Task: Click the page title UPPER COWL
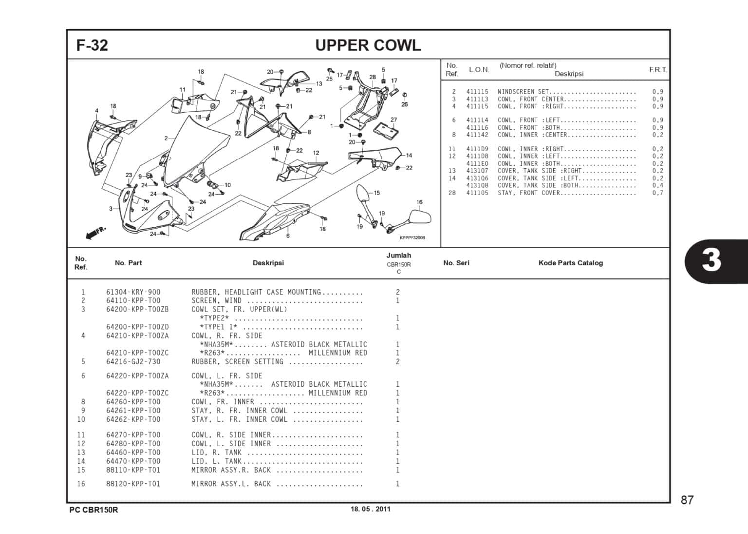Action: [x=368, y=45]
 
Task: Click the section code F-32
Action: [x=92, y=45]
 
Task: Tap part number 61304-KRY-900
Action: [x=133, y=292]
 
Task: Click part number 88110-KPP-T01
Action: [x=133, y=470]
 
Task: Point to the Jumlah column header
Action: [x=398, y=256]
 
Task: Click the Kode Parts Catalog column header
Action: [x=570, y=263]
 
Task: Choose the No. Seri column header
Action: [x=456, y=263]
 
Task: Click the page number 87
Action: [x=687, y=500]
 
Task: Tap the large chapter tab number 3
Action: [x=711, y=260]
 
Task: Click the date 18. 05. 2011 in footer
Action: [x=370, y=509]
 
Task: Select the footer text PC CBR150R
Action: [x=93, y=510]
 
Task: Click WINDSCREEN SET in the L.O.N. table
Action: [x=523, y=92]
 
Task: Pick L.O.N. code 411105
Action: [x=477, y=193]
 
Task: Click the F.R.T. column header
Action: [x=657, y=70]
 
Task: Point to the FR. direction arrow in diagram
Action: [x=94, y=233]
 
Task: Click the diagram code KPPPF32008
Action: [x=412, y=237]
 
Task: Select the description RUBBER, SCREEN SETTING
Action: [x=237, y=362]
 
